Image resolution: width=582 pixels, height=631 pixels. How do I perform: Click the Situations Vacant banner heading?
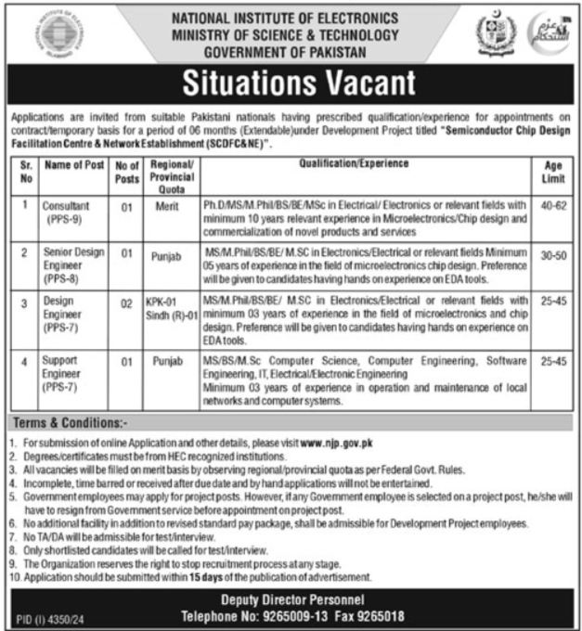(295, 84)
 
